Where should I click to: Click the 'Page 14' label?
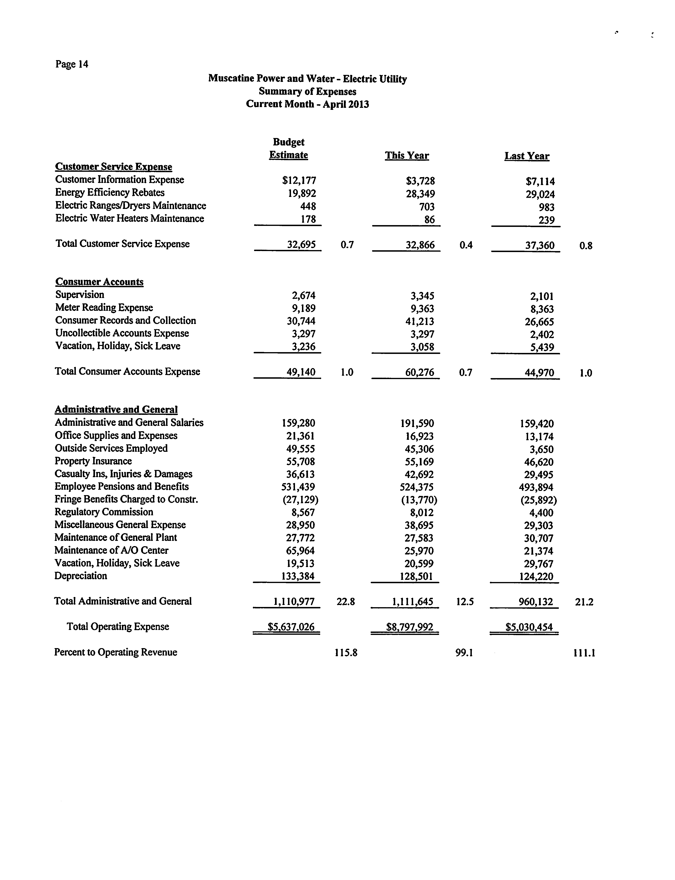coord(72,64)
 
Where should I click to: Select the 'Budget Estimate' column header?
coord(288,149)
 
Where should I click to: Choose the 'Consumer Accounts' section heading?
coord(99,282)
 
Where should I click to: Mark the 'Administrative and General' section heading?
coord(116,410)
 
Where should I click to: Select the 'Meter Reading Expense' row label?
coord(104,308)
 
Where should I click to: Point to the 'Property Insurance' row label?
coord(93,461)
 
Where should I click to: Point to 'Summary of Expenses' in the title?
coord(307,92)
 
